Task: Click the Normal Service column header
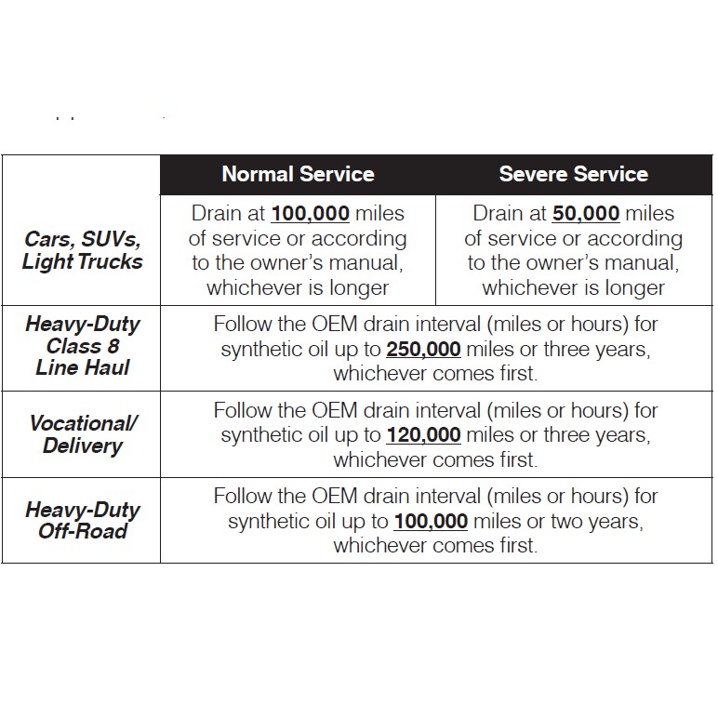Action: tap(298, 174)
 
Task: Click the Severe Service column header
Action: tap(573, 174)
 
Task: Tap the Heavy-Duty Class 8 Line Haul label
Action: tap(82, 346)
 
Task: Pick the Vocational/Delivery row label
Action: tap(82, 434)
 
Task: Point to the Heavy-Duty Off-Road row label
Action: tap(82, 521)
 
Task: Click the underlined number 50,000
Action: tap(586, 213)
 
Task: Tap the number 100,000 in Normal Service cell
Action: tap(311, 213)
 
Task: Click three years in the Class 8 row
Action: tap(596, 351)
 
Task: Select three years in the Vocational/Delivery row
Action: tap(596, 434)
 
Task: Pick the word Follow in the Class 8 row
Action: tap(244, 326)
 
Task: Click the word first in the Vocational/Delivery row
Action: tap(515, 459)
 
